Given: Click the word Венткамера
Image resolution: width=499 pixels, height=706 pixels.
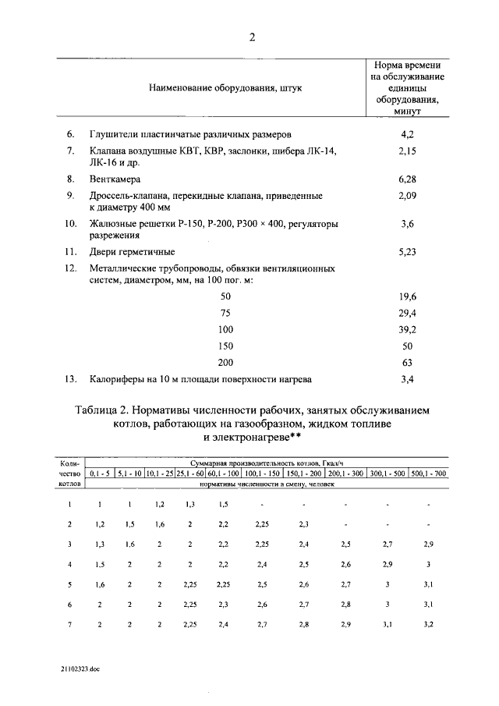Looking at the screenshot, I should point(115,179).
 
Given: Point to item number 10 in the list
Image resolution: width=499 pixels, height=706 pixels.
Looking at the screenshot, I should point(70,223).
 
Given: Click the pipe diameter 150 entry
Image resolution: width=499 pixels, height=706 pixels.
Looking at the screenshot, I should point(226,346).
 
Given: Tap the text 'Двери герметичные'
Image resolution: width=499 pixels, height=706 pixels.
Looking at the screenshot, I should point(132,252).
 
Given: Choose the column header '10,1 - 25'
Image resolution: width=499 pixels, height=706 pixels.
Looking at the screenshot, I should point(159,473).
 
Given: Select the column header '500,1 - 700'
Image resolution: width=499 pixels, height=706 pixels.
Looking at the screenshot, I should point(429,473).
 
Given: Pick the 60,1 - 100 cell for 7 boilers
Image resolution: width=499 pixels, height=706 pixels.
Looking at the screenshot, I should point(223,624).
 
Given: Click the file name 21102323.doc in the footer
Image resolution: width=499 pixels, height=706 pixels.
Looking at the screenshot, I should point(81,669).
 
